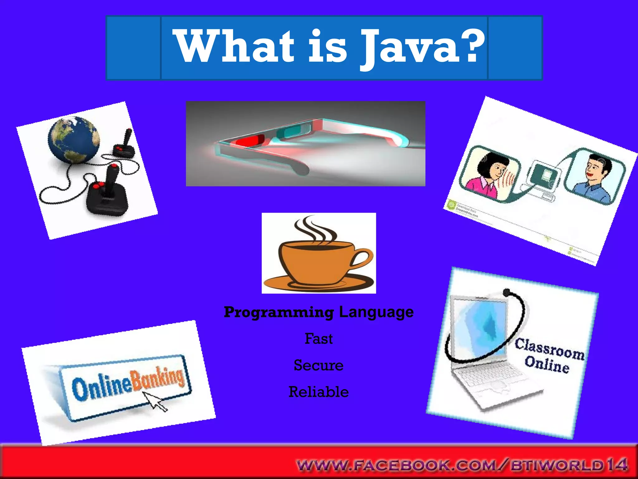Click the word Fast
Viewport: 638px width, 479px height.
click(x=318, y=339)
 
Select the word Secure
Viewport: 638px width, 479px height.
click(x=318, y=365)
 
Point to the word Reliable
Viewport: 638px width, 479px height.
click(x=318, y=392)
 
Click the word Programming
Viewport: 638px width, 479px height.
click(x=279, y=312)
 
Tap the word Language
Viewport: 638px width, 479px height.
click(x=376, y=312)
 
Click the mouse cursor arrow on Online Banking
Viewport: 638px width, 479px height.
click(x=154, y=401)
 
